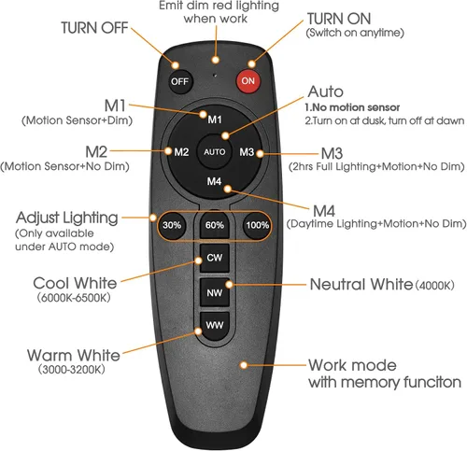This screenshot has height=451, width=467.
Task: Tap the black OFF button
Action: [179, 81]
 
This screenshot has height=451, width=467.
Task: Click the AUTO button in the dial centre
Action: [215, 152]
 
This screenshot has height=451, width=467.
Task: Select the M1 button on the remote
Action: [215, 120]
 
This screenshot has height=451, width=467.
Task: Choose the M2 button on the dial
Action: [181, 152]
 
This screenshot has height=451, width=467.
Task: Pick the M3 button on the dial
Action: [247, 152]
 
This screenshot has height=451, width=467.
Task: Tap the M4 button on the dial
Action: [214, 181]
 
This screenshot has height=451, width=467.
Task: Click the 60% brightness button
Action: [215, 225]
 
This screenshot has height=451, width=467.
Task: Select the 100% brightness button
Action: [258, 225]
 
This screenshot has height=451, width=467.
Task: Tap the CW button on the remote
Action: [215, 258]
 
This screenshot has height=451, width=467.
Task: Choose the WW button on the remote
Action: [215, 326]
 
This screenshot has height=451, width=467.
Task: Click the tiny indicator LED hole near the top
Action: [215, 75]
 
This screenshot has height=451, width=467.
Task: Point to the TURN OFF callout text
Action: [94, 28]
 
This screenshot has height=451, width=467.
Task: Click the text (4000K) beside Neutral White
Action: [435, 286]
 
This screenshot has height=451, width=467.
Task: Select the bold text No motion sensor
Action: [352, 107]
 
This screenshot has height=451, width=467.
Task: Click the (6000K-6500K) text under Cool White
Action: [74, 298]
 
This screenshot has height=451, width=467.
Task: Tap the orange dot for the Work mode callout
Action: [244, 365]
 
